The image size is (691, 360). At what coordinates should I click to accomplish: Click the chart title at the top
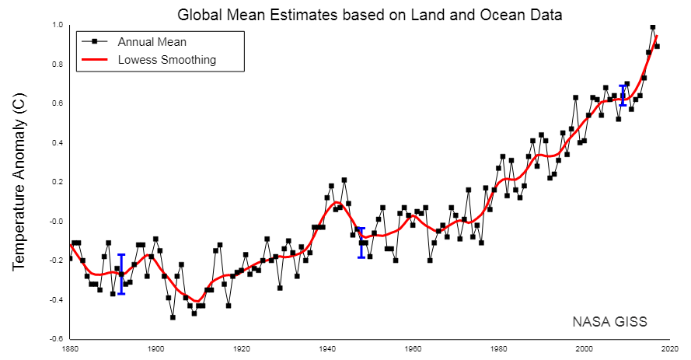coord(369,14)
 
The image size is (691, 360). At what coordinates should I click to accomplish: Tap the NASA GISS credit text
coord(609,321)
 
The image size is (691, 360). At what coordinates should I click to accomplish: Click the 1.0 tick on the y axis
coord(57,25)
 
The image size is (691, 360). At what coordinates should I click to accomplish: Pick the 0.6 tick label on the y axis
coord(57,103)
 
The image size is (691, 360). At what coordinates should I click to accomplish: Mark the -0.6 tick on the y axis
coord(56,339)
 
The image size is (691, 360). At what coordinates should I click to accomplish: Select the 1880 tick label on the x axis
coord(70,349)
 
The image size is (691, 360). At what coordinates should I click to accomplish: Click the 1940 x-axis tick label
coord(327,349)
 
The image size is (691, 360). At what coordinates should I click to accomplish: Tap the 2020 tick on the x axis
coord(670,349)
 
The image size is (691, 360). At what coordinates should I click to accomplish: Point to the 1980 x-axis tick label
coord(499,349)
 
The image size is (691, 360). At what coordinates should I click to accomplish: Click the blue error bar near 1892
coord(121,274)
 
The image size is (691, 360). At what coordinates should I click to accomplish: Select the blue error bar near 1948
coord(361,243)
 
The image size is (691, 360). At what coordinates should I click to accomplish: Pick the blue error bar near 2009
coord(623,96)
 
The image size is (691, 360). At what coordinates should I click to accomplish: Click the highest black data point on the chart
coord(653,27)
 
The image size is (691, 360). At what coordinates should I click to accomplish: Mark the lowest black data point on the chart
coord(173,317)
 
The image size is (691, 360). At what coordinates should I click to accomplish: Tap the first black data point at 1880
coord(70,258)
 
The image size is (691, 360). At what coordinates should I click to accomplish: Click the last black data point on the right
coord(657,47)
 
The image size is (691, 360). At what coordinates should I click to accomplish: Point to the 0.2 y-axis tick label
coord(57,182)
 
